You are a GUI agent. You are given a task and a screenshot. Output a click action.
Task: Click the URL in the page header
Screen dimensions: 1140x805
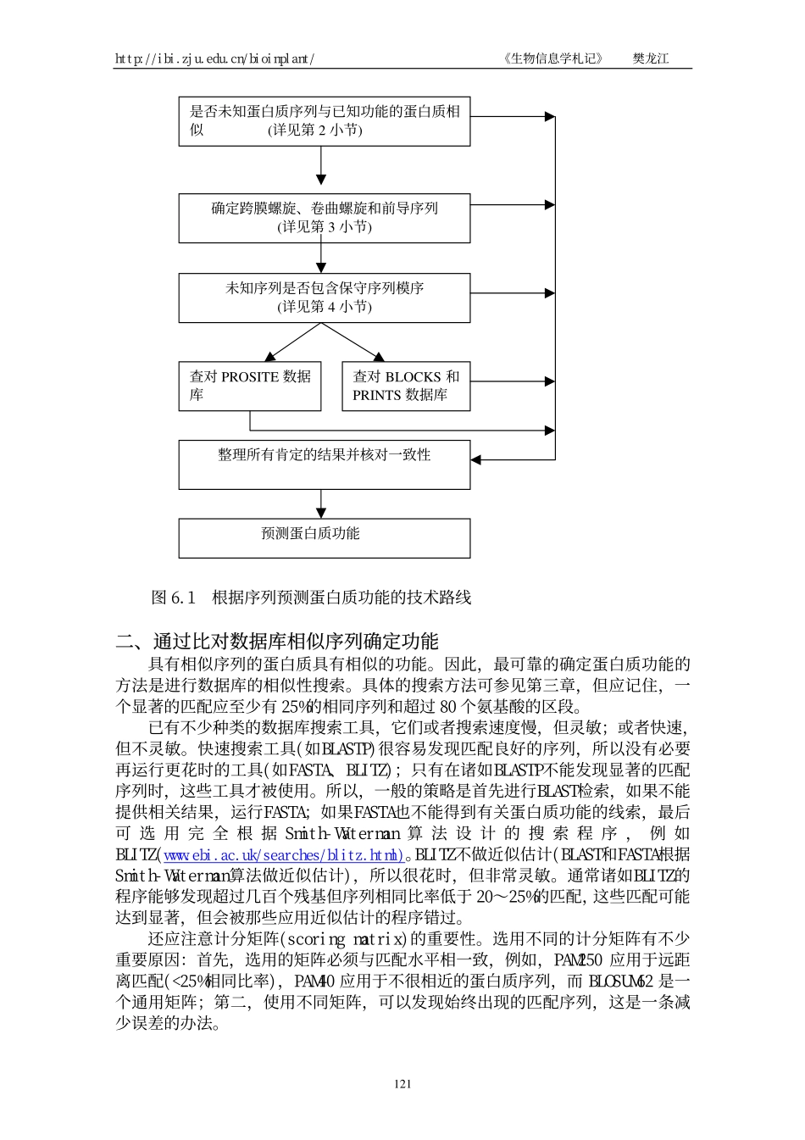click(215, 58)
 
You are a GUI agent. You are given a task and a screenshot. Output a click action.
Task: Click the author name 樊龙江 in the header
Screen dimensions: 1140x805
click(650, 58)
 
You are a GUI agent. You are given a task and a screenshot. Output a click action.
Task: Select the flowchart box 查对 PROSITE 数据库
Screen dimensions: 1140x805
click(249, 386)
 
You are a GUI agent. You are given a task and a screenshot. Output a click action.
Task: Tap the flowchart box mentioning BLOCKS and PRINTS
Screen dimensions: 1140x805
click(405, 386)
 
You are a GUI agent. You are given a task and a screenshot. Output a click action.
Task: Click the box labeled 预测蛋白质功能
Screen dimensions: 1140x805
click(324, 537)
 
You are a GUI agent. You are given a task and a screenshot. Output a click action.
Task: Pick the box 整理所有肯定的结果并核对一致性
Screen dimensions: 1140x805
click(324, 464)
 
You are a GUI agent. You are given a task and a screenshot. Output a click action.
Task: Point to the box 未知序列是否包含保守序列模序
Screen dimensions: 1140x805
click(324, 298)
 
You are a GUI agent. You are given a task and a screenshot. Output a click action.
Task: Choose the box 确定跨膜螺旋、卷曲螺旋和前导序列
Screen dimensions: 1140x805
click(324, 218)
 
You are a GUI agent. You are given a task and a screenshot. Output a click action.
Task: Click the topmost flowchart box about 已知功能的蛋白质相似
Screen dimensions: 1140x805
click(324, 121)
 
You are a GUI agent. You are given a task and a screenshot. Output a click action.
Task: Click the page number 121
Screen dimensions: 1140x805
click(402, 1083)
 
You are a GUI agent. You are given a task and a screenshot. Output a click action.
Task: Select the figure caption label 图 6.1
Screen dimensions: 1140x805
click(173, 598)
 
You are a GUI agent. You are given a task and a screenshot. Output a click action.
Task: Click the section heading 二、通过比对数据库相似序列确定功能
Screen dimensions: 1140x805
click(277, 641)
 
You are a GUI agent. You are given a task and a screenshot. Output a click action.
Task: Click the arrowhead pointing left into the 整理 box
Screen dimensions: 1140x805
click(476, 459)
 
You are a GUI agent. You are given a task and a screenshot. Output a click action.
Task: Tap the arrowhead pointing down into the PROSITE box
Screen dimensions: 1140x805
click(269, 357)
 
